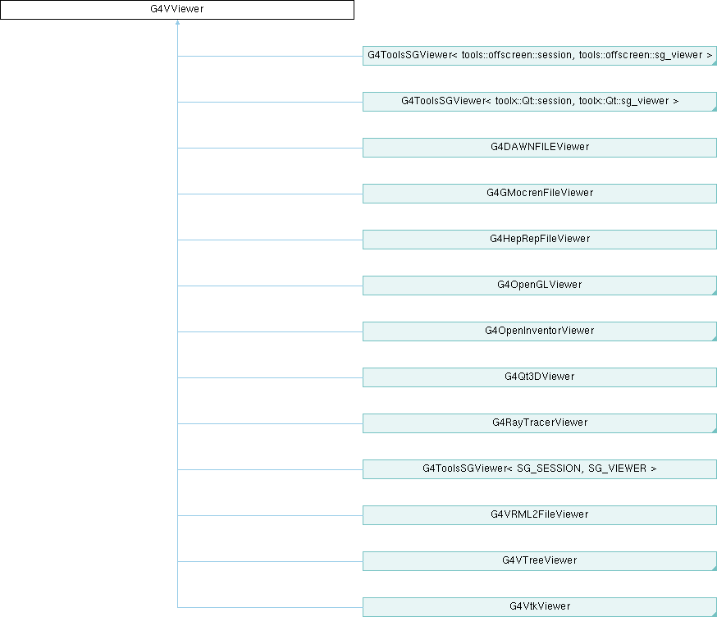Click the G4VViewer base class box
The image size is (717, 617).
[x=177, y=10]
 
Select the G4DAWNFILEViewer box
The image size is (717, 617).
[x=540, y=148]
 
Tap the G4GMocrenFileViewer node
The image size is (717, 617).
[x=540, y=194]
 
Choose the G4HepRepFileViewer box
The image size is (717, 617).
[x=540, y=240]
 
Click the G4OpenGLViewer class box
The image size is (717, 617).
[x=540, y=286]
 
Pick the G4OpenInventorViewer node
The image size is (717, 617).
[x=540, y=331]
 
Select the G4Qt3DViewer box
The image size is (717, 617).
[x=540, y=377]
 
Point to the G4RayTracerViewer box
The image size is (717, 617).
[x=540, y=423]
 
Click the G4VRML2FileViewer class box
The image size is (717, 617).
[x=540, y=515]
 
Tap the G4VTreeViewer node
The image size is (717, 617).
[x=540, y=561]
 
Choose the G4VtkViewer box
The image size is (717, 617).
[x=540, y=607]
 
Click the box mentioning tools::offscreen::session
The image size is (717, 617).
[x=540, y=56]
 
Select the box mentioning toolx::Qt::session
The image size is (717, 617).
[x=540, y=102]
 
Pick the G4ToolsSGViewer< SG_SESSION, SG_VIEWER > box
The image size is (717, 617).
[x=540, y=469]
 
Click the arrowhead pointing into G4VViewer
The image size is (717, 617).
[x=177, y=22]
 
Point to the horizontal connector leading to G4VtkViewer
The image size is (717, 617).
[x=270, y=607]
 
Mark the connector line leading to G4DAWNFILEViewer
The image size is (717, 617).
[x=270, y=148]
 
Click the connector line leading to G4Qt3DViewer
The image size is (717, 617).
[x=270, y=377]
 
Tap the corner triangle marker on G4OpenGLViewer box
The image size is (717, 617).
[x=715, y=293]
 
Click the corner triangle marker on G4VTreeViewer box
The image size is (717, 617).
[x=715, y=569]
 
